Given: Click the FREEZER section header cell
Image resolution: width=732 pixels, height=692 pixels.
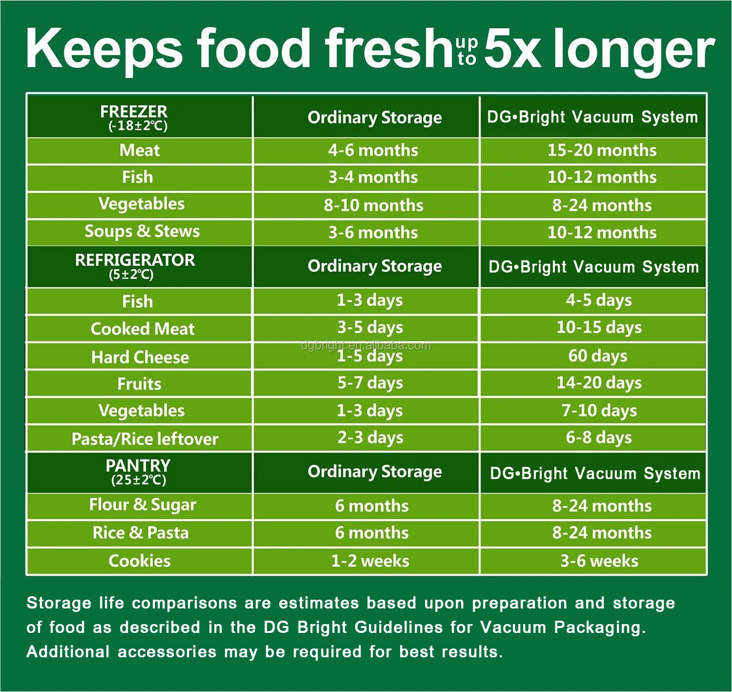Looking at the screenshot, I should point(139,118).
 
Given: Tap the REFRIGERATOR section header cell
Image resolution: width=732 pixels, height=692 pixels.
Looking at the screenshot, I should point(139,266).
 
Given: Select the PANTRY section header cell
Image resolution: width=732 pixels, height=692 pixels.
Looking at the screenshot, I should point(139,472).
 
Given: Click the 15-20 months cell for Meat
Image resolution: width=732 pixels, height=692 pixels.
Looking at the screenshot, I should point(602,150).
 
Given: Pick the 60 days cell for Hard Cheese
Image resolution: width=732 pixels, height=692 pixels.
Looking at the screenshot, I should point(598,356).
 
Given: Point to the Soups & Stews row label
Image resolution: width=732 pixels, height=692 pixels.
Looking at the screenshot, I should point(142,231).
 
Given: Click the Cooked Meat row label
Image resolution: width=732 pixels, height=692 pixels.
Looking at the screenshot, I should point(142,329).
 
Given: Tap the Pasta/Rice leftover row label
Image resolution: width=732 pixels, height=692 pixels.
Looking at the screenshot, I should point(145,439).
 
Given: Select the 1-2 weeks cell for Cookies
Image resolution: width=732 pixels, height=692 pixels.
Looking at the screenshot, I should point(370,561).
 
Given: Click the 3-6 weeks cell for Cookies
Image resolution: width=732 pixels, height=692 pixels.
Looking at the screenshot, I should point(599,561).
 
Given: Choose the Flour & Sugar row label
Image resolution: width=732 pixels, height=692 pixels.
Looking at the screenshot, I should point(142,505).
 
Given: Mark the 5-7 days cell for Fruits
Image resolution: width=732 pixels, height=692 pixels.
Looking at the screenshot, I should point(370,383).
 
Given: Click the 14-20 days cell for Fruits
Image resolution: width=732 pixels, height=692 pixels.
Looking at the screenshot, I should point(599,383).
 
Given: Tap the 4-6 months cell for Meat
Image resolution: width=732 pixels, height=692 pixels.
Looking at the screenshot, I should point(373,150).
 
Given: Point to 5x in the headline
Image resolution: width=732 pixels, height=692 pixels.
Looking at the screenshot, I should point(512,49).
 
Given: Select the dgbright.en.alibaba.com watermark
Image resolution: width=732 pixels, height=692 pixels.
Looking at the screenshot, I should point(366,346).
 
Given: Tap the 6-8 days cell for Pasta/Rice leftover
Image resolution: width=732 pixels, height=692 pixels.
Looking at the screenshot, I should point(599,438).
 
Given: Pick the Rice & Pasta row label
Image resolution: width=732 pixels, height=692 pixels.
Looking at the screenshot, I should point(141,532).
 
